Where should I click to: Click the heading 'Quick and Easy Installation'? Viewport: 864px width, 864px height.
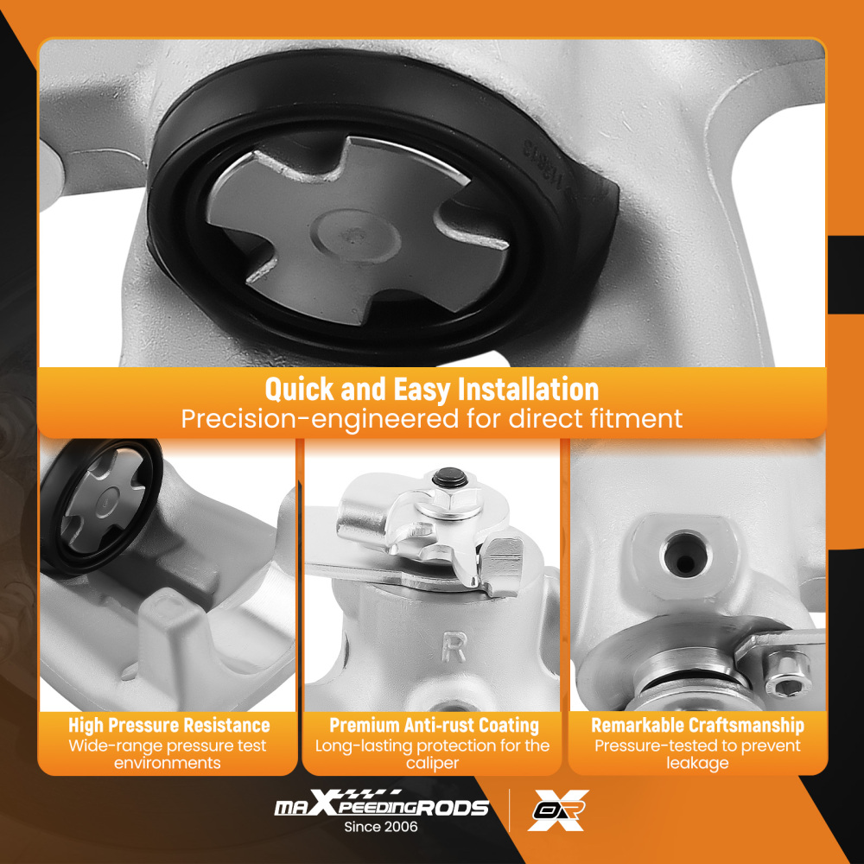click(x=431, y=389)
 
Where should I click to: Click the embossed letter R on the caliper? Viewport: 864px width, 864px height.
click(x=454, y=647)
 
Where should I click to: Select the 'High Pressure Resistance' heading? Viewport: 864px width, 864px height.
click(x=169, y=725)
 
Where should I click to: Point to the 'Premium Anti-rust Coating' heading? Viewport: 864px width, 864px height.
click(x=435, y=725)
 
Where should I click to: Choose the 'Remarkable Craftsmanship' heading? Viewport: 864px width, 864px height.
click(x=697, y=725)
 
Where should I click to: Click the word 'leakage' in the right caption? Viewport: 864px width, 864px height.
click(x=697, y=763)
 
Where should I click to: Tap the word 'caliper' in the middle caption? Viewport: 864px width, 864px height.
click(x=433, y=763)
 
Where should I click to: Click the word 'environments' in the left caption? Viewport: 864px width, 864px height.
click(x=168, y=763)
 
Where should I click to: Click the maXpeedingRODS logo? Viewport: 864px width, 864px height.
click(x=381, y=804)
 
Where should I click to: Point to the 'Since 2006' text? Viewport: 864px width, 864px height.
click(x=381, y=827)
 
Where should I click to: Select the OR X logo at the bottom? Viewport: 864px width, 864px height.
click(x=558, y=810)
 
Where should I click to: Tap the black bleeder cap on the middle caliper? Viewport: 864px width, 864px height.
click(x=449, y=477)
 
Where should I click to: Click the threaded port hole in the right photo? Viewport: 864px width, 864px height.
click(x=684, y=555)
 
